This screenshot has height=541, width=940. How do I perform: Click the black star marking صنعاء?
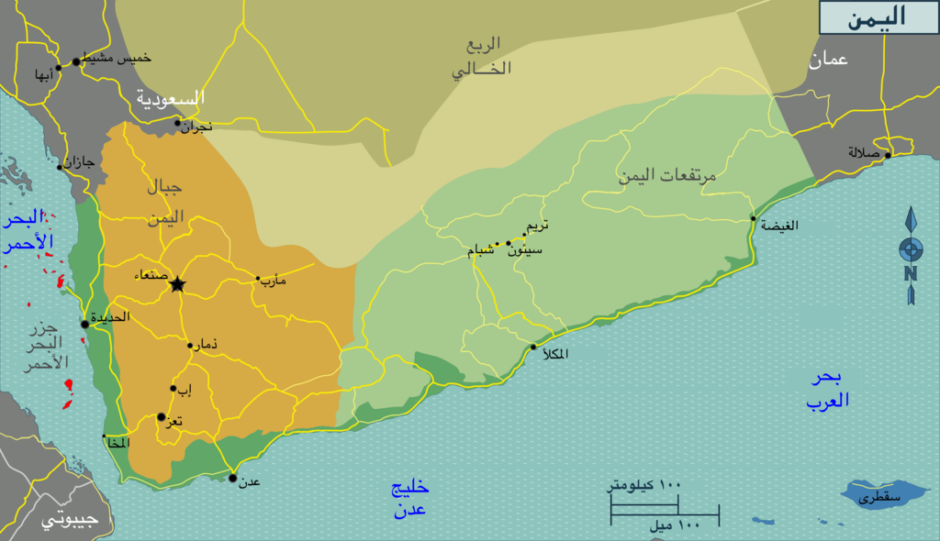pyautogui.click(x=177, y=284)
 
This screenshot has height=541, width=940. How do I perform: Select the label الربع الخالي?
pyautogui.click(x=481, y=56)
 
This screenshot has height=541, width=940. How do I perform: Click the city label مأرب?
pyautogui.click(x=274, y=280)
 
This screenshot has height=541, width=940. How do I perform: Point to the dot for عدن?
pyautogui.click(x=232, y=478)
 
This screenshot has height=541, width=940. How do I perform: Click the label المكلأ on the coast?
pyautogui.click(x=555, y=354)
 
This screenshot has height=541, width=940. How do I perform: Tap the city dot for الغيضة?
pyautogui.click(x=753, y=218)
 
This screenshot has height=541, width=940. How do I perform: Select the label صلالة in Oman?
pyautogui.click(x=864, y=153)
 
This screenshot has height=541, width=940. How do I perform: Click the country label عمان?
pyautogui.click(x=828, y=60)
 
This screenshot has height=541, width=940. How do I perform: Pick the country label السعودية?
pyautogui.click(x=171, y=97)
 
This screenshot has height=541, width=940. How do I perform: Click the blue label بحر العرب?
pyautogui.click(x=828, y=389)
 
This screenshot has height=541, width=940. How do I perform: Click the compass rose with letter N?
pyautogui.click(x=911, y=255)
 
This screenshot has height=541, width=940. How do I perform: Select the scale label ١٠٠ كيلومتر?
pyautogui.click(x=643, y=484)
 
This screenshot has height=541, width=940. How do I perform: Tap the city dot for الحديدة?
pyautogui.click(x=84, y=324)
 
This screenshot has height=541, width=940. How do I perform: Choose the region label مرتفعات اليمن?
pyautogui.click(x=666, y=175)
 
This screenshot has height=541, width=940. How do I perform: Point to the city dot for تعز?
pyautogui.click(x=162, y=416)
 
